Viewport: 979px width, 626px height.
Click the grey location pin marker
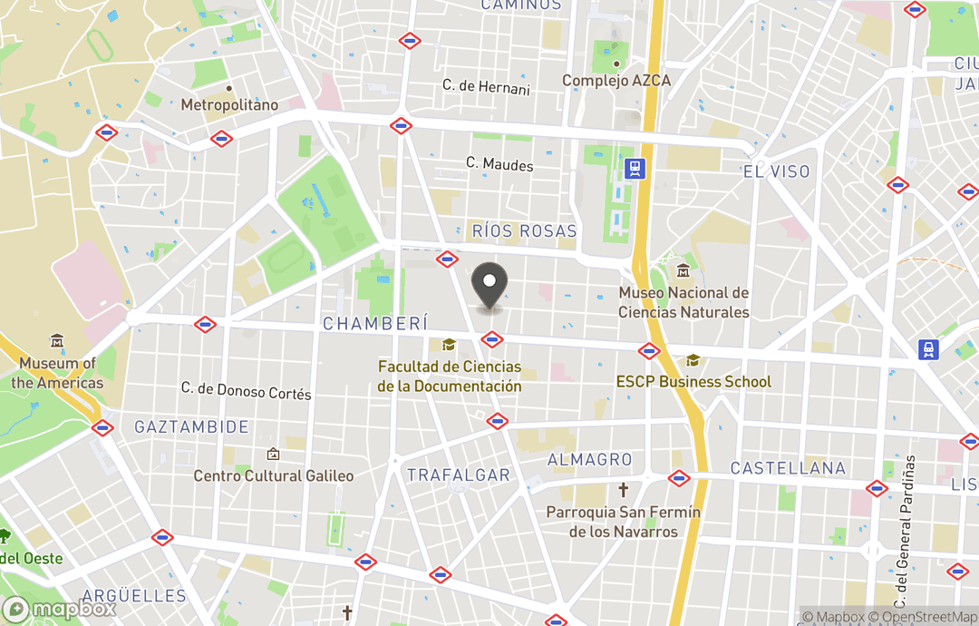[490, 288]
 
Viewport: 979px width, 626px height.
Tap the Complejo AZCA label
[616, 81]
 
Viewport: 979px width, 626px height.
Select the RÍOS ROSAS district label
[525, 231]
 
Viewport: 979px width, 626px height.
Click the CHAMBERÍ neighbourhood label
[374, 323]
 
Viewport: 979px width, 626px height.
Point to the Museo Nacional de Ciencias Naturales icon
[683, 271]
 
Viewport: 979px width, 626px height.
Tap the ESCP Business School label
[693, 381]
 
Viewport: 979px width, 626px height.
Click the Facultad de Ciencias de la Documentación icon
[449, 346]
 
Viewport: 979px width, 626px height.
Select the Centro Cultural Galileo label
[274, 475]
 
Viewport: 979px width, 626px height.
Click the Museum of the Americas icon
[57, 342]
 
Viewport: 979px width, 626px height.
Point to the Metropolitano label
[229, 105]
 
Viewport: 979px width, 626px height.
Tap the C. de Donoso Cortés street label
[246, 391]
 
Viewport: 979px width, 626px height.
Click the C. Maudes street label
[499, 165]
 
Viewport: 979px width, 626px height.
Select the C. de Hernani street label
[486, 87]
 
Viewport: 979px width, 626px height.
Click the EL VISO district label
[776, 171]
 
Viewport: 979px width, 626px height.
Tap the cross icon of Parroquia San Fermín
[624, 491]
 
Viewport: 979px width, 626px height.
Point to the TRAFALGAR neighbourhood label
[458, 475]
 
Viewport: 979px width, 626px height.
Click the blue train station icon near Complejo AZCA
[635, 169]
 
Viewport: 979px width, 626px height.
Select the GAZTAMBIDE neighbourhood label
[191, 426]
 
